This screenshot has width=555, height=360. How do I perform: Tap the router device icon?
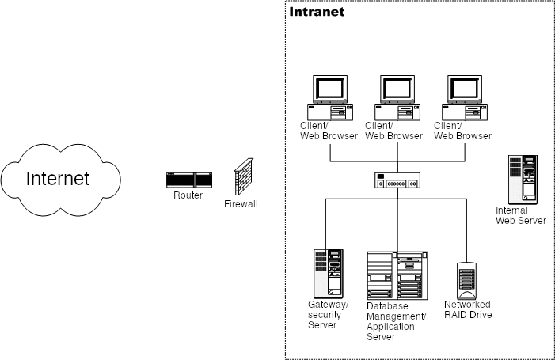click(x=188, y=180)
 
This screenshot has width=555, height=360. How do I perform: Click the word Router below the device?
click(x=188, y=195)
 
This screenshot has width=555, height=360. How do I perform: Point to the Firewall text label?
click(x=241, y=204)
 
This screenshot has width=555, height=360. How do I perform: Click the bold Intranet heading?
click(x=317, y=13)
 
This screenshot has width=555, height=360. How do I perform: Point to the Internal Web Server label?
click(x=520, y=215)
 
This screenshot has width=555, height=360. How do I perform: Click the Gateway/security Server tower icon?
click(x=329, y=271)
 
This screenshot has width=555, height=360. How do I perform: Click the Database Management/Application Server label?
click(x=396, y=321)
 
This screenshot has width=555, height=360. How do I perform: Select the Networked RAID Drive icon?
click(x=467, y=278)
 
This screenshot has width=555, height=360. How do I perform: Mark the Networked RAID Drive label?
click(x=467, y=309)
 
